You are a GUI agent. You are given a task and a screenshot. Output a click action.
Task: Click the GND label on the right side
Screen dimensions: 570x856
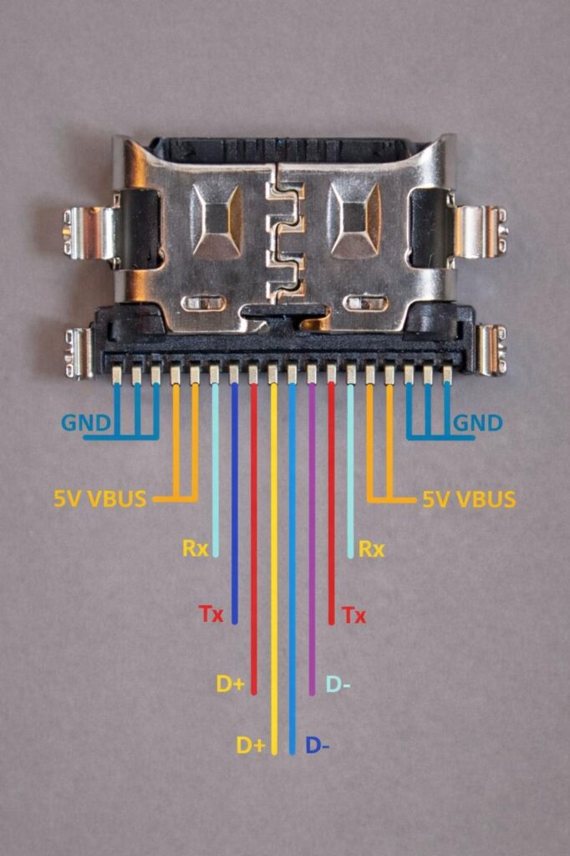tap(477, 423)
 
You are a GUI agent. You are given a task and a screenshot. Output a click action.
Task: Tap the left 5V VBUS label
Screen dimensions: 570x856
tap(100, 500)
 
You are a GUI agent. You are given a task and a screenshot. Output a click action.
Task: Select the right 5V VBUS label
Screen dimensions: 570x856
tap(469, 500)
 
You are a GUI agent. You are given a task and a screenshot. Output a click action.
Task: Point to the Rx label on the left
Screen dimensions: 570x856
tap(196, 549)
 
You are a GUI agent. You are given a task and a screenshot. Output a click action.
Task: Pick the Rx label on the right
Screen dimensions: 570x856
tap(371, 549)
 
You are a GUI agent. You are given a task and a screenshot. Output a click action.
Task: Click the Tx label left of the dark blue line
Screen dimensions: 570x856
tap(211, 616)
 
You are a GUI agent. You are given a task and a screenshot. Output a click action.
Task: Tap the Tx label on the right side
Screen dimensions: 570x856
tap(354, 616)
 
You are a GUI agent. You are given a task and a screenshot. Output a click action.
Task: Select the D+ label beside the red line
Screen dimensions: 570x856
tap(231, 684)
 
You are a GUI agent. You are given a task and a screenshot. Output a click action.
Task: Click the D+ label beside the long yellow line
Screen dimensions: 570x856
tap(251, 745)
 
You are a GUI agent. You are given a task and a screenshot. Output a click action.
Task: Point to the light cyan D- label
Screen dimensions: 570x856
tap(338, 684)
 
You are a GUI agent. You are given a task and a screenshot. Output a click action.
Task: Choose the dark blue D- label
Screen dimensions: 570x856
tap(318, 745)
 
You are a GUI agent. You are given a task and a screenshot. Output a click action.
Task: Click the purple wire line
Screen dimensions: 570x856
tap(312, 543)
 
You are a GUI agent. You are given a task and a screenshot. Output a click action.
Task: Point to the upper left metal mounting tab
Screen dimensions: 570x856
tap(90, 232)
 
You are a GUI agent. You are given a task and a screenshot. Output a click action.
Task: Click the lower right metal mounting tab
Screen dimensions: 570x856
tap(491, 349)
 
